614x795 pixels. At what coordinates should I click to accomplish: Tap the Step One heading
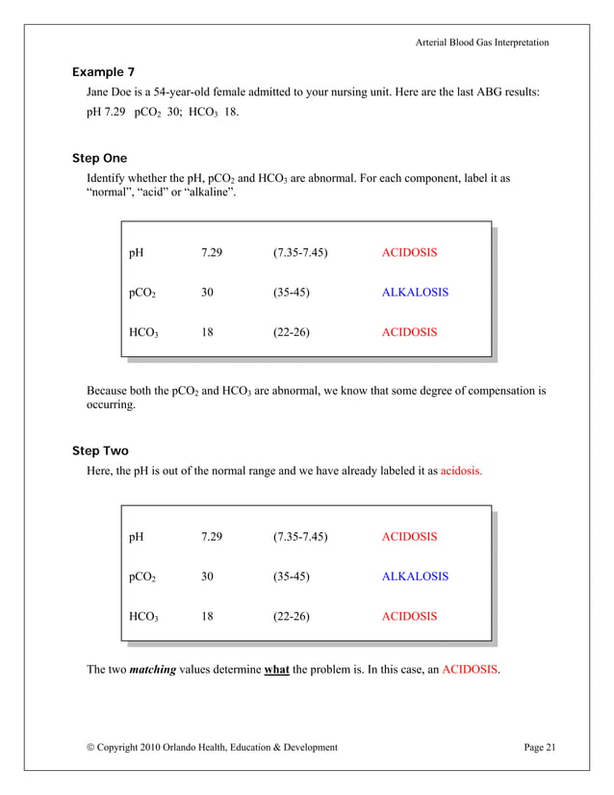point(99,158)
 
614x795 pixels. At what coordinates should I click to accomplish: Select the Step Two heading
point(100,450)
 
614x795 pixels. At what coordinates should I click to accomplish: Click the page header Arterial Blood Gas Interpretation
point(482,42)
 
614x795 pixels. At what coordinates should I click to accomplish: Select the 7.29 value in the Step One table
point(212,253)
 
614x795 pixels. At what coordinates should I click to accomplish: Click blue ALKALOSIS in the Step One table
point(415,293)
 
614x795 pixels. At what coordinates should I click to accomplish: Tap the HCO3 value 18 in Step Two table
point(207,616)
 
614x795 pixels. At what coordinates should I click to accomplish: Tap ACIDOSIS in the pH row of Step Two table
point(409,537)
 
